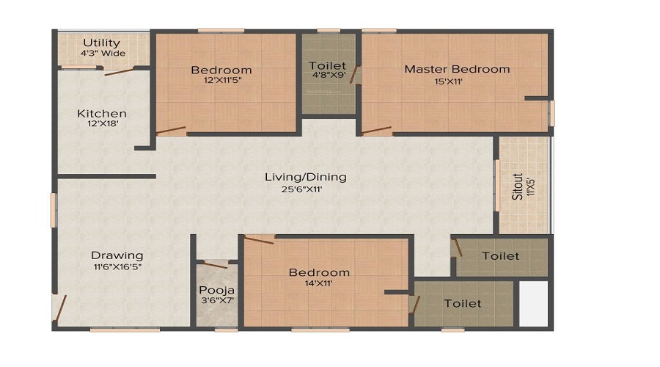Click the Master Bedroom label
pos(457,69)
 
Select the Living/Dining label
pos(306,177)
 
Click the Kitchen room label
pos(102,114)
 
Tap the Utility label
pos(102,43)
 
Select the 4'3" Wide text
pos(103,53)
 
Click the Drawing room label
pos(117,255)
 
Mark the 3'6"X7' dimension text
pos(216,301)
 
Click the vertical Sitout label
pos(518,186)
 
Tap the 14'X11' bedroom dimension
pos(319,284)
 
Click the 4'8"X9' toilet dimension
pos(327,74)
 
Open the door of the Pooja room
pos(215,264)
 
